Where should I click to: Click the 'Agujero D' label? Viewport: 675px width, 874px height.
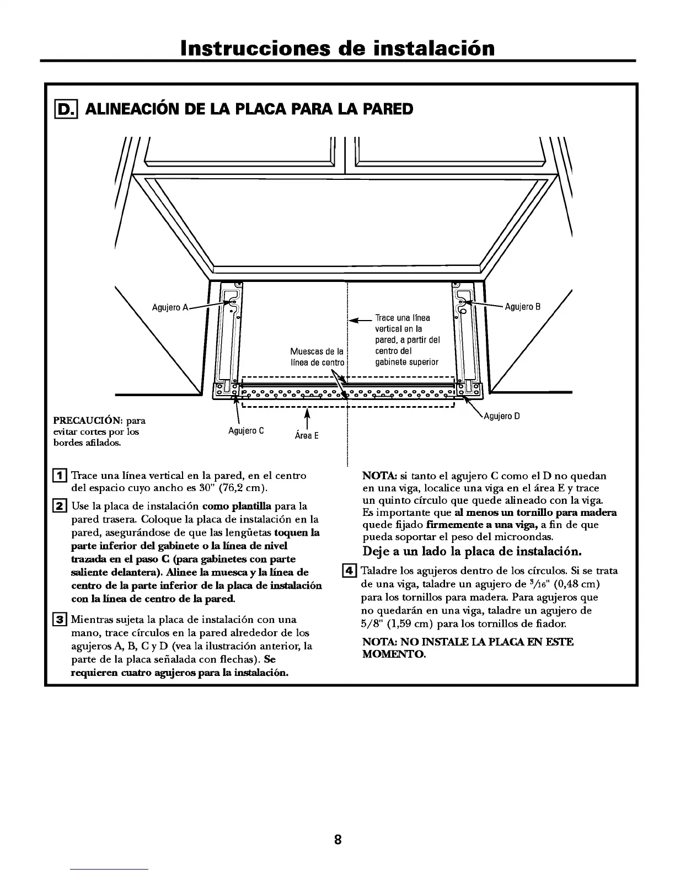click(502, 417)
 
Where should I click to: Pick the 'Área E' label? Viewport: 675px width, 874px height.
click(307, 436)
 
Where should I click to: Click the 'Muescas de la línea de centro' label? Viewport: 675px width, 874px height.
click(317, 357)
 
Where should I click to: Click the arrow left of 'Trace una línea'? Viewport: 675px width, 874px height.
click(361, 319)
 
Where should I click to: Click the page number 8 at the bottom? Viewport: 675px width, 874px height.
click(337, 840)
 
